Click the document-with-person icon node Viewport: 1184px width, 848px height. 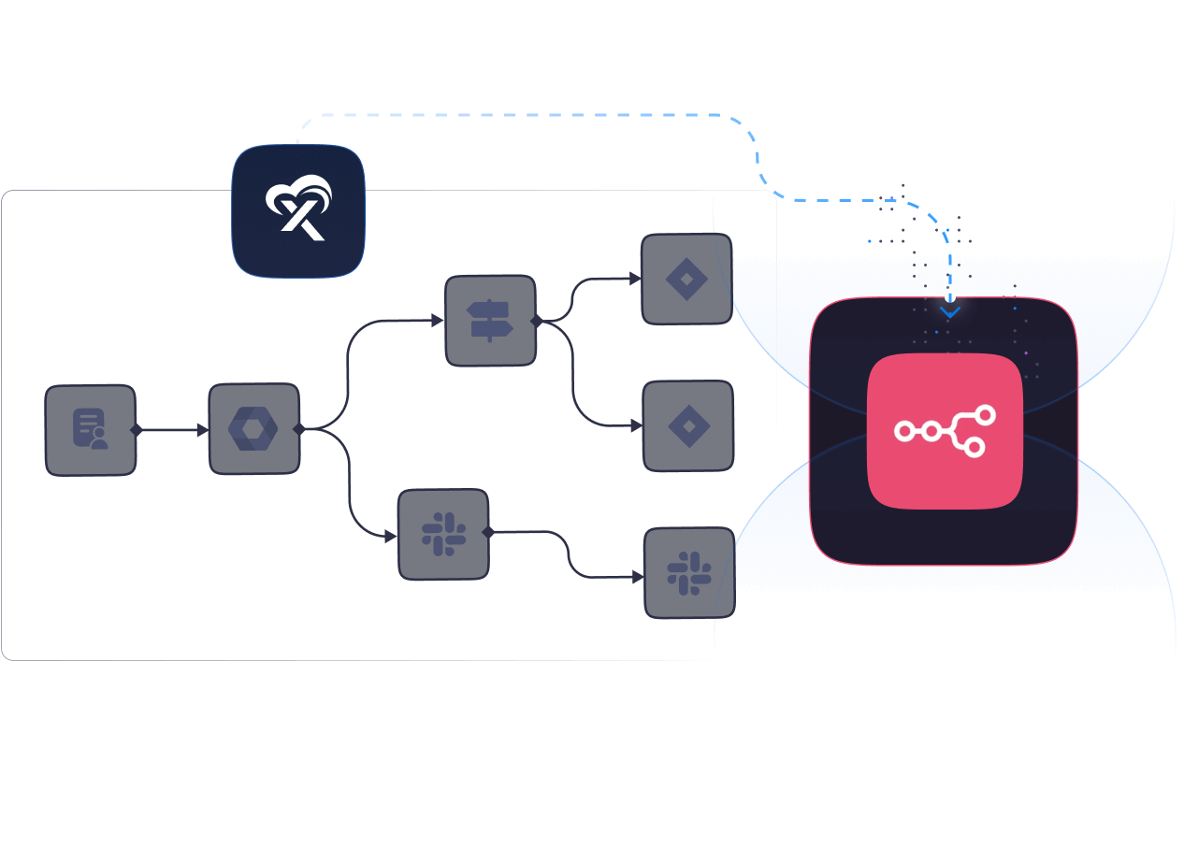tap(91, 430)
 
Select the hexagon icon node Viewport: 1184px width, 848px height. tap(253, 429)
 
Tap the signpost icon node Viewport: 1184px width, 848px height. tap(490, 321)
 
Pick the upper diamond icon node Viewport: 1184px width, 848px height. tap(686, 279)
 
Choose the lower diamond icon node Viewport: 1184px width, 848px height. tap(688, 426)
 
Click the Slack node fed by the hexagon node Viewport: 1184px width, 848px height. tap(443, 534)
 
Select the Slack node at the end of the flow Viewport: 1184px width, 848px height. tap(689, 573)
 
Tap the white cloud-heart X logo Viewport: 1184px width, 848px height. tap(298, 209)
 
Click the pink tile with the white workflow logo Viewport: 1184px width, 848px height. tap(945, 431)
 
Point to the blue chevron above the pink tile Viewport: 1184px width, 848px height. tap(950, 312)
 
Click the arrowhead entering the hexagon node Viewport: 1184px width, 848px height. tap(203, 430)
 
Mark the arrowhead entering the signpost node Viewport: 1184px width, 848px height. tap(438, 321)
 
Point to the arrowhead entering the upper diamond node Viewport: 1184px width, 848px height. tap(635, 279)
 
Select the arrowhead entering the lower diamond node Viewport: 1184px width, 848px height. tap(637, 426)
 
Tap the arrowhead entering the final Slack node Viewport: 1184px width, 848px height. tap(639, 578)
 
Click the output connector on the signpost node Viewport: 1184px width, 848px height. tap(536, 321)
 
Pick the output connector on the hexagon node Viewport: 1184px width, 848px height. tap(299, 429)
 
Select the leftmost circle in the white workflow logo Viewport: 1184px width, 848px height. tap(904, 431)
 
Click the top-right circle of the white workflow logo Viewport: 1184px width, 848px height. tap(985, 415)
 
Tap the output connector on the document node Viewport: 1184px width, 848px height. tap(137, 430)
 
